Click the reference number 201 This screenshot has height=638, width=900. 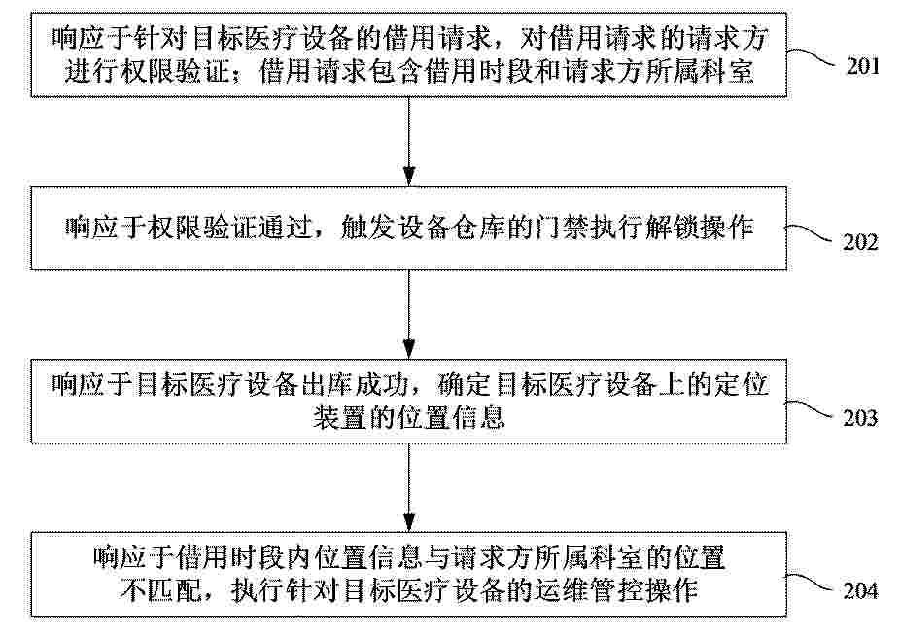pyautogui.click(x=863, y=66)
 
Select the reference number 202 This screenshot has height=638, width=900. pyautogui.click(x=860, y=242)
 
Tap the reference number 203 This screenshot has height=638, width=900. pyautogui.click(x=860, y=418)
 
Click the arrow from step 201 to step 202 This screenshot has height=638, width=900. pyautogui.click(x=408, y=141)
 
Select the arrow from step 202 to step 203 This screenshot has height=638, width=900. pyautogui.click(x=408, y=314)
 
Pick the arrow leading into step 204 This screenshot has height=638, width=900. pyautogui.click(x=408, y=487)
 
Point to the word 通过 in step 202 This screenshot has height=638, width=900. pyautogui.click(x=286, y=228)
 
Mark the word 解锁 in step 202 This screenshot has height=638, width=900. pyautogui.click(x=672, y=228)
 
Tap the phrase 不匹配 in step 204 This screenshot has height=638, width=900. pyautogui.click(x=161, y=590)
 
